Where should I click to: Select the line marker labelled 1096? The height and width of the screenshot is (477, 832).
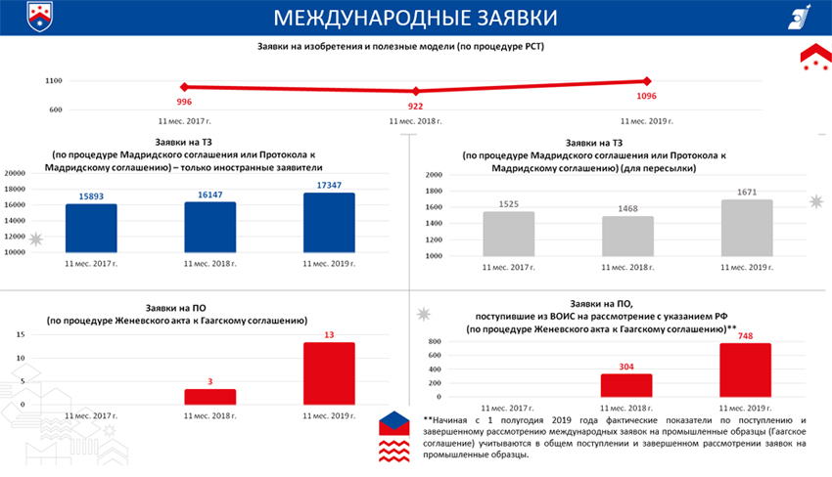[646, 81]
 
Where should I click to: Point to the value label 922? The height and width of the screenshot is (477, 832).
[415, 106]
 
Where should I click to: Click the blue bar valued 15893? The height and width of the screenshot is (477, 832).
[91, 228]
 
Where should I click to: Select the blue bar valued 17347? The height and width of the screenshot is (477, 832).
[329, 222]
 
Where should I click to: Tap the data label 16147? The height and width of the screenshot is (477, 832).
[209, 195]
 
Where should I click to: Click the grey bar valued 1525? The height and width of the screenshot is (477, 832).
[508, 234]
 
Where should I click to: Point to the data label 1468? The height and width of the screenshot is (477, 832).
[627, 209]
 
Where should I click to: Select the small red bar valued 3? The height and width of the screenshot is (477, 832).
[209, 396]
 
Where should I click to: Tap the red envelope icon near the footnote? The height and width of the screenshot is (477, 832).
[395, 424]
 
